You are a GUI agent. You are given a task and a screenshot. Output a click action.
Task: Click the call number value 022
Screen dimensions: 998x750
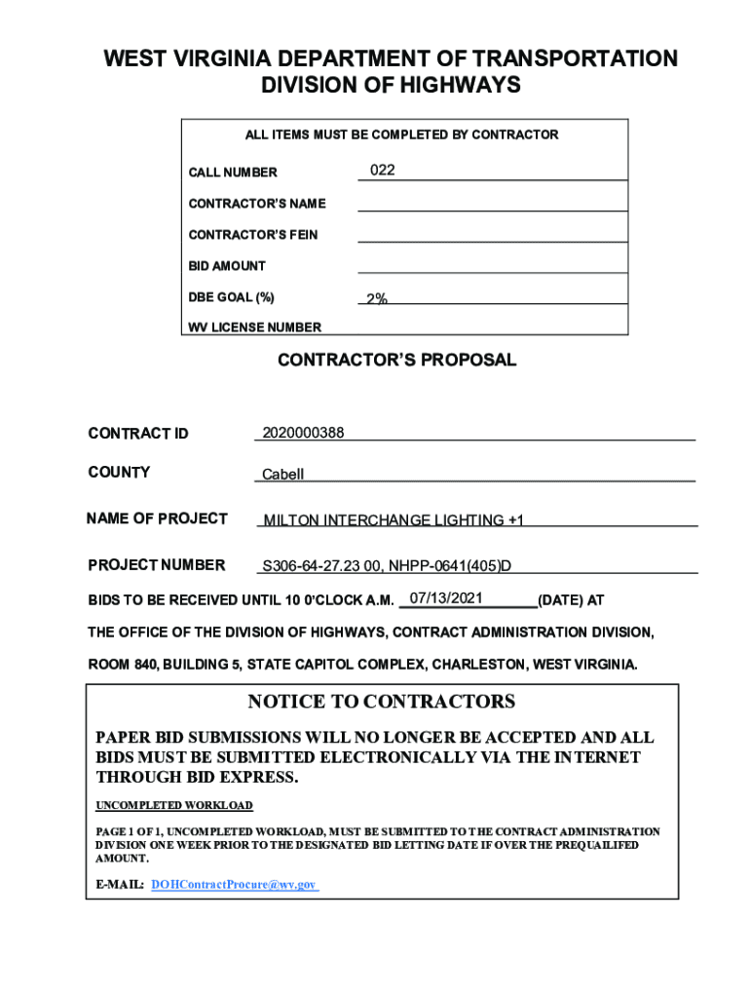point(383,171)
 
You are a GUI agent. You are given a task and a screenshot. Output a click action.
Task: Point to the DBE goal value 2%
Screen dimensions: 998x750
point(377,298)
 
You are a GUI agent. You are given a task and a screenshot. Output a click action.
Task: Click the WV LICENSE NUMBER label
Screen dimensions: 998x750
point(254,327)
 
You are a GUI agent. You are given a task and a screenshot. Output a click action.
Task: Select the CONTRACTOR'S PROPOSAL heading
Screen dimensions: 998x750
point(396,361)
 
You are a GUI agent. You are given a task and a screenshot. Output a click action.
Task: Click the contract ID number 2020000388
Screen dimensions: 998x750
point(303,432)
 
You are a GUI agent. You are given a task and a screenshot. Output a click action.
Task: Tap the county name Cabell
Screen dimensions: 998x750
point(283,475)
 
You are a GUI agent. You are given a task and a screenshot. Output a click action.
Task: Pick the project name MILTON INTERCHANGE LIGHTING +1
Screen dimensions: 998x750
point(394,520)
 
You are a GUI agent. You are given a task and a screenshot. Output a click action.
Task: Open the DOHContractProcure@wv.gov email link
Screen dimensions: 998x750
point(235,884)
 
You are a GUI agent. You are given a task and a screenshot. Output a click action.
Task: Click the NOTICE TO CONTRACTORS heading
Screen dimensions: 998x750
point(381,702)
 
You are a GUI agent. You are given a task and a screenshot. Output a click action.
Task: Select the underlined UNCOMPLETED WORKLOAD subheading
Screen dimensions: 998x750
point(174,806)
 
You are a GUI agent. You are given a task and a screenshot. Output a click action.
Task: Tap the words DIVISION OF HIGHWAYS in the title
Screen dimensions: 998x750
point(391,86)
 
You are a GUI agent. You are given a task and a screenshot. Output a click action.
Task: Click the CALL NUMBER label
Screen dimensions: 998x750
point(233,173)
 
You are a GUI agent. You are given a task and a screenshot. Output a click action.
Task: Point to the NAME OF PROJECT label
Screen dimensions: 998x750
point(158,518)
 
